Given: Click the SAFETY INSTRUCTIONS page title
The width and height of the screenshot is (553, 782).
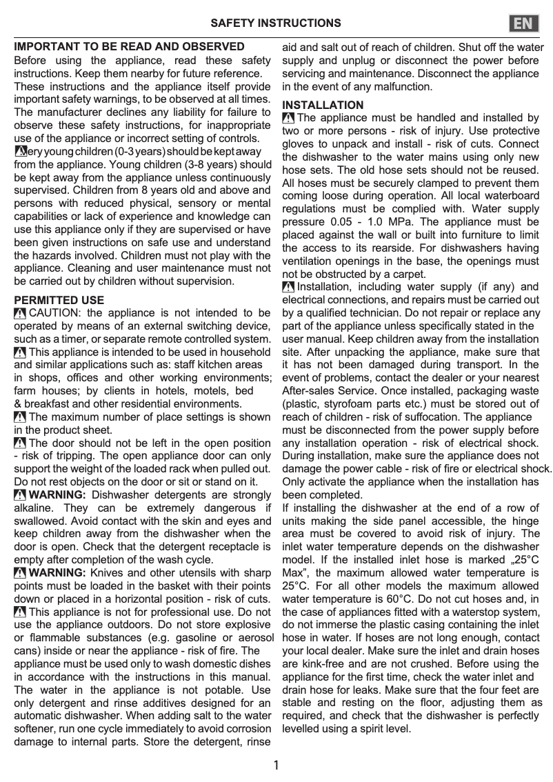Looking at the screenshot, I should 275,23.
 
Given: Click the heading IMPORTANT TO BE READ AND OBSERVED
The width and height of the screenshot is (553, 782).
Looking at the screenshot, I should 130,47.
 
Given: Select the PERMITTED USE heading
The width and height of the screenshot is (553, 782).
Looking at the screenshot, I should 59,301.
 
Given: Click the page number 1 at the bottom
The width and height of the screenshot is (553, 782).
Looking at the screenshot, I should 276,765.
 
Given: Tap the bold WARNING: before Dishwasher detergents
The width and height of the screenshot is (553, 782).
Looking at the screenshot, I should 58,495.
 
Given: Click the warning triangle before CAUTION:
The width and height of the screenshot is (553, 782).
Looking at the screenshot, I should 20,314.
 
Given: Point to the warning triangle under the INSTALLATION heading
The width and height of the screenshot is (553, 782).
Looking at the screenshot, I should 288,119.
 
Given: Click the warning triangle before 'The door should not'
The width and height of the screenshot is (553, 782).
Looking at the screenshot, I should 20,443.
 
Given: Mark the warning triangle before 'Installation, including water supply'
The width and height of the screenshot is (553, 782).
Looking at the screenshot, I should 288,287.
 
